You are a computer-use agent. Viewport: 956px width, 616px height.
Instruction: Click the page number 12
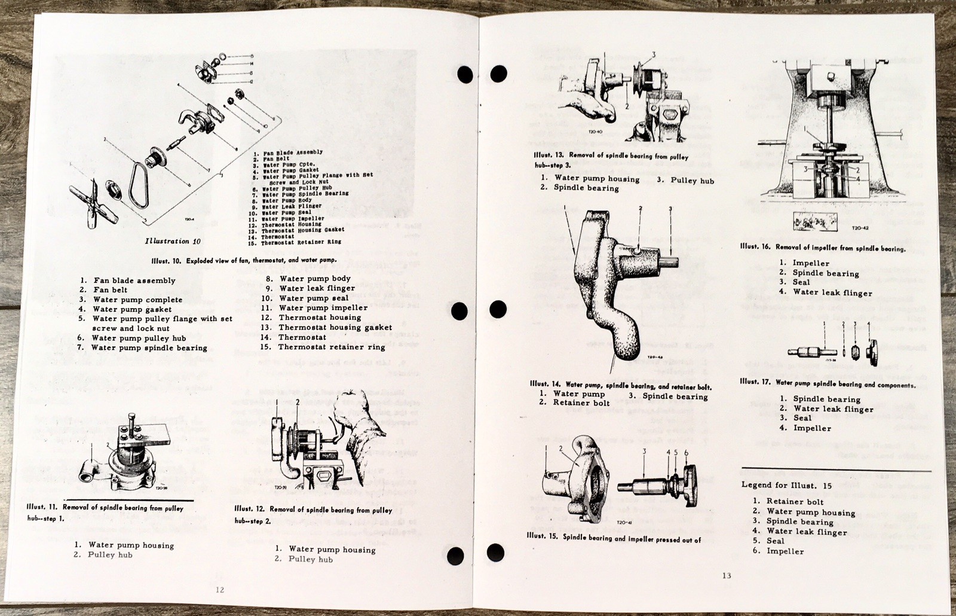(x=219, y=589)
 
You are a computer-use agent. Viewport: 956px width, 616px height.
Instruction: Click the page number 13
(x=726, y=576)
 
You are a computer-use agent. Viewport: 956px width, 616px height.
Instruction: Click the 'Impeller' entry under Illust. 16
(x=811, y=263)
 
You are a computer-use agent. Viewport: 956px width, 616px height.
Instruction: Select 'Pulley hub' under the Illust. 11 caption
(x=110, y=555)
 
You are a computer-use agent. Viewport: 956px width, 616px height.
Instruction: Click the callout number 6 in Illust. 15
(x=686, y=453)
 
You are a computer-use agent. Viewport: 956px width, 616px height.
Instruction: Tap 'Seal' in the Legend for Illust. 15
(x=776, y=541)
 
